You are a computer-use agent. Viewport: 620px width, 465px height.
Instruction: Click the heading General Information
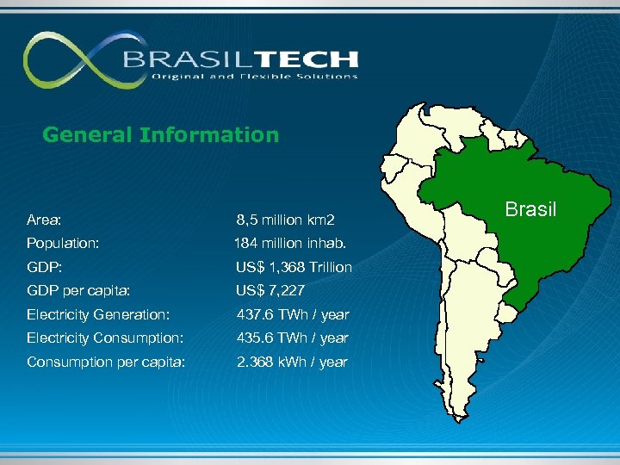160,135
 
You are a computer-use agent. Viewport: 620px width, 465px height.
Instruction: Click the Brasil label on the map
530,209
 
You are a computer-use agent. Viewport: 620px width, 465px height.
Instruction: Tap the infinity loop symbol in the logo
73,60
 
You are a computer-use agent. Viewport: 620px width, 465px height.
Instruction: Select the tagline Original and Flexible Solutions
254,77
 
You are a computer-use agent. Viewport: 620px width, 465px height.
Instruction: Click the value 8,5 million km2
285,221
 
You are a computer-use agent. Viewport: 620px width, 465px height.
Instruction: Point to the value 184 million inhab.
290,244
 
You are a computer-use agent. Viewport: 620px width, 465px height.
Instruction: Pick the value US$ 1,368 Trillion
294,267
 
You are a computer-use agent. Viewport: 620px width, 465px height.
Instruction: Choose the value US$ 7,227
270,290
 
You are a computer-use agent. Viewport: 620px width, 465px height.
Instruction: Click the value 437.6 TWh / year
292,314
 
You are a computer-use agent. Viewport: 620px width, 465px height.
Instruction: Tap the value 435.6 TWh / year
292,338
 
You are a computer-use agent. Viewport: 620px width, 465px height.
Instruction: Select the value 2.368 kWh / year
292,362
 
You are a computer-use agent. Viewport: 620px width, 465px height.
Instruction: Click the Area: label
43,221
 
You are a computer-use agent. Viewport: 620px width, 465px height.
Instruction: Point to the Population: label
63,244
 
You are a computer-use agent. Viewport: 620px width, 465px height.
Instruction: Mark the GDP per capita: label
78,290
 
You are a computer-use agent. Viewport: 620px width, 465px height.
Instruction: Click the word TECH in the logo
308,59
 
